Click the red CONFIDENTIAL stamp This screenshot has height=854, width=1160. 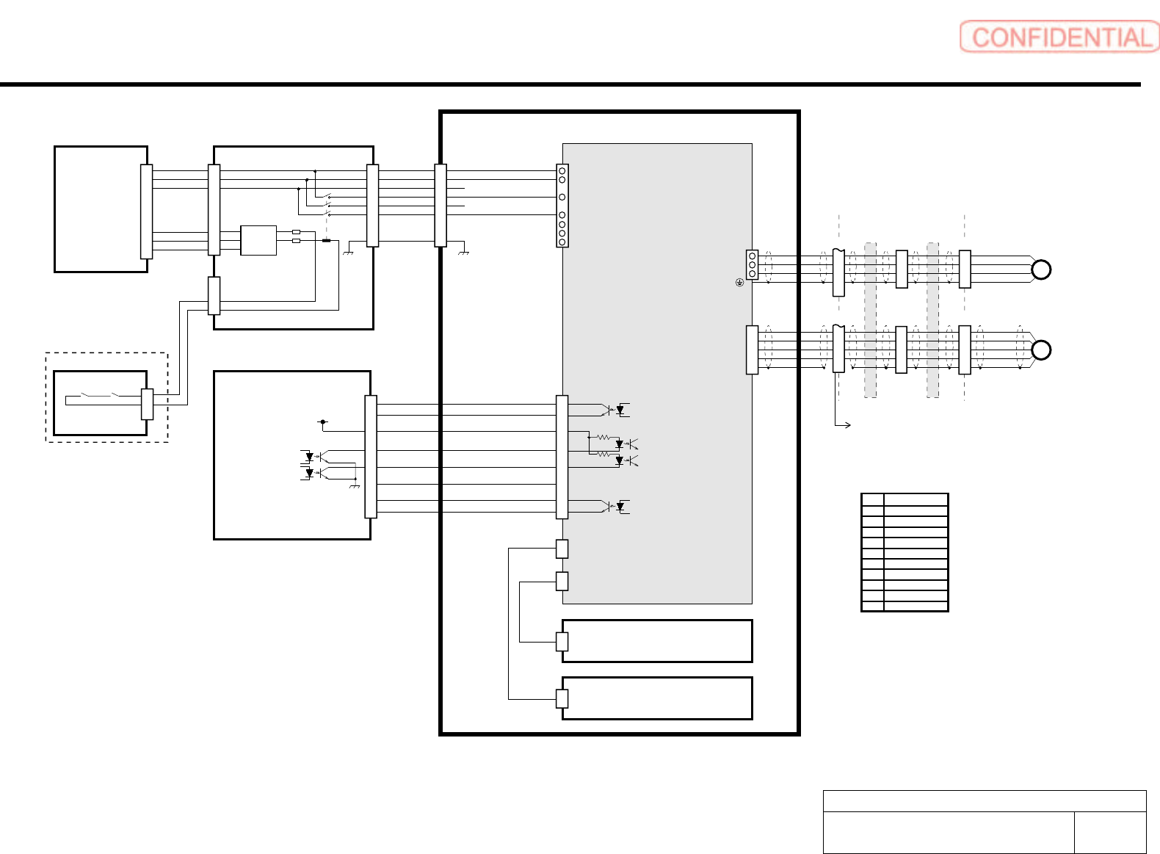click(1059, 37)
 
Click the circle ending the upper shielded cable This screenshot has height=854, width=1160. click(1041, 270)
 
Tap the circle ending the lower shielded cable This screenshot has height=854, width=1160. click(1041, 350)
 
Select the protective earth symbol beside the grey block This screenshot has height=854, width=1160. click(739, 282)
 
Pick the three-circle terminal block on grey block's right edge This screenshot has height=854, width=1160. click(752, 264)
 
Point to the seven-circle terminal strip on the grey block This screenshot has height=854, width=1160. click(562, 206)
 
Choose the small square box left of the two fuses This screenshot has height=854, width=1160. click(258, 240)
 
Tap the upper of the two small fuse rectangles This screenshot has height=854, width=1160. click(296, 231)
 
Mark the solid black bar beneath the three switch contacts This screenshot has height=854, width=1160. click(326, 240)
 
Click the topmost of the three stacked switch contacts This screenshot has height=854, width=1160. click(327, 197)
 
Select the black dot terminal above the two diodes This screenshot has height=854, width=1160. click(322, 422)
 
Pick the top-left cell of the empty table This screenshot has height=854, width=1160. click(872, 500)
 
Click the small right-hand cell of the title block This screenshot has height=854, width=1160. click(1109, 832)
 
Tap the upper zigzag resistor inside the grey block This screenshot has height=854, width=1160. click(603, 438)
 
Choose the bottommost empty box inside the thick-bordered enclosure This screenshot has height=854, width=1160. click(657, 698)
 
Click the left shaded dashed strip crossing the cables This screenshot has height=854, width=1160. click(870, 320)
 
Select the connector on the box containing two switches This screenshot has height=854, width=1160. click(147, 404)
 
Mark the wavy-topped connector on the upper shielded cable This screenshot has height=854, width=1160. click(838, 272)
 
